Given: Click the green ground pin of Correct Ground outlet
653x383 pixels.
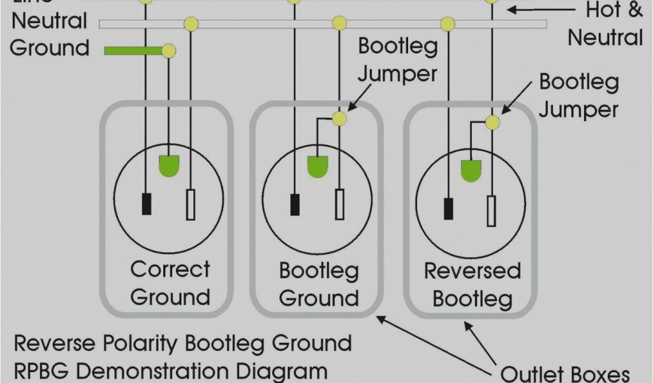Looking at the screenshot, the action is [169, 165].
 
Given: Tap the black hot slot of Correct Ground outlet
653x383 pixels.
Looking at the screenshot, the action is [147, 203].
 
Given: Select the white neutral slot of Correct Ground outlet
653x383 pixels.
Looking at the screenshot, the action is [191, 205].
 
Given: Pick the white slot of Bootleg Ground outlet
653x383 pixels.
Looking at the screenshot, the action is [340, 204].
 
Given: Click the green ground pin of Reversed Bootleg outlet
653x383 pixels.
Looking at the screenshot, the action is [471, 169].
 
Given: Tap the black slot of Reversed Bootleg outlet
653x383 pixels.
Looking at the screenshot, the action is [449, 209].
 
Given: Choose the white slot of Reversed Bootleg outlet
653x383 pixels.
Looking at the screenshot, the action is [491, 211].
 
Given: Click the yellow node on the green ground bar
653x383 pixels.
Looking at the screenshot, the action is [168, 50].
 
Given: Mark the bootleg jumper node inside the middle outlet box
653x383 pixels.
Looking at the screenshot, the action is [340, 119].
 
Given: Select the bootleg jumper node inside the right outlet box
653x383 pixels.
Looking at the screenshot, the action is [492, 123].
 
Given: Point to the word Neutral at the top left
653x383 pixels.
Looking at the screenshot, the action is [49, 21].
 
